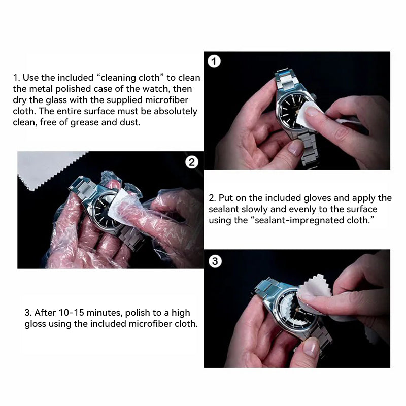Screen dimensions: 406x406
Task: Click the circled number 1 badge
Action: (x=214, y=61)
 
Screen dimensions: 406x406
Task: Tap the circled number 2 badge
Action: (x=192, y=162)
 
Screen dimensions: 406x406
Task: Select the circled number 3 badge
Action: (x=215, y=261)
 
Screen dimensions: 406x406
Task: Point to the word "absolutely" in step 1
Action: (x=175, y=111)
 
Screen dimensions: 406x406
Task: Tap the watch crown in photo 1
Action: (x=314, y=97)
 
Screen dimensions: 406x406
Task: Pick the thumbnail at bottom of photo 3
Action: (x=311, y=348)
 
